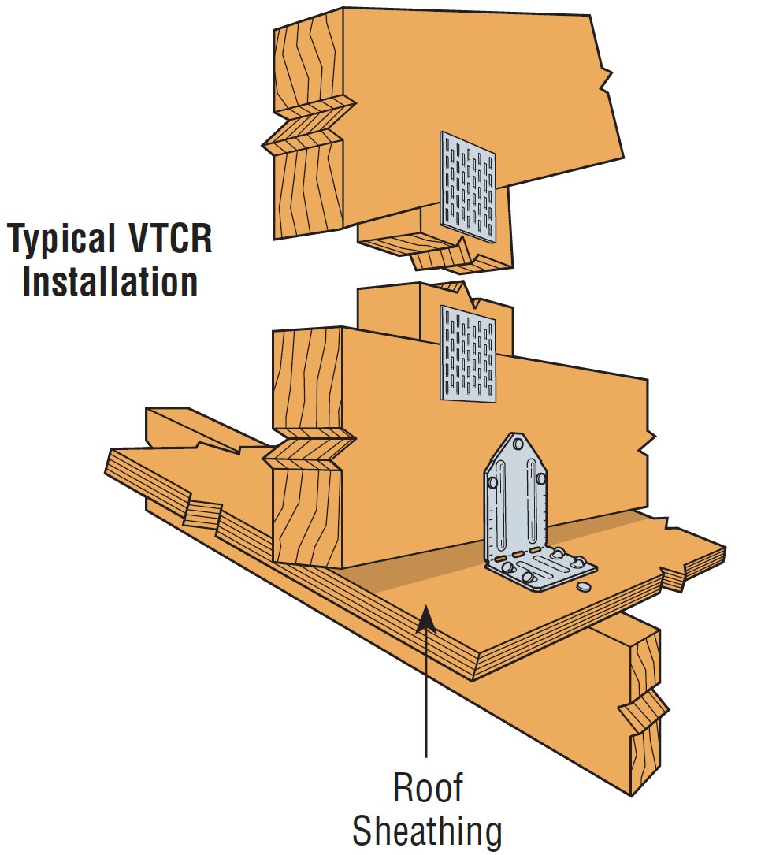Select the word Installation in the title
tap(110, 281)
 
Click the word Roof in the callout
tap(427, 788)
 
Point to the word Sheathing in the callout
tap(427, 831)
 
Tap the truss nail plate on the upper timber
tap(469, 187)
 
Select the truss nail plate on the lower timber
tap(469, 354)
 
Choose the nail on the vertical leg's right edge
tap(540, 477)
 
